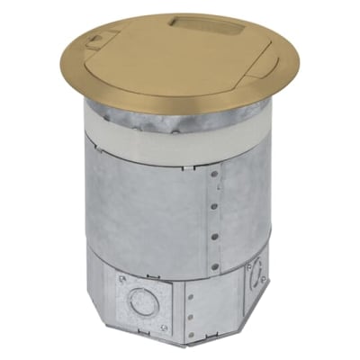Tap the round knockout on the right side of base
[x=256, y=272]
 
